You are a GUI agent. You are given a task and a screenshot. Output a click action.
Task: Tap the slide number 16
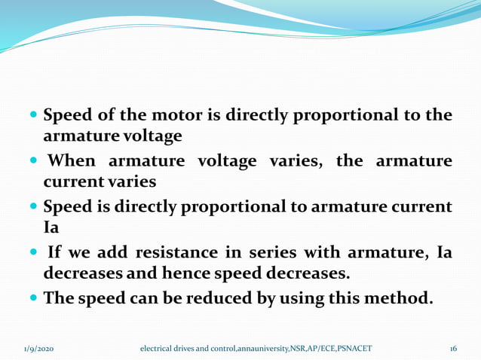click(452, 349)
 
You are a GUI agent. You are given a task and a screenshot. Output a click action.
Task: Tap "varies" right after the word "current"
click(133, 182)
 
